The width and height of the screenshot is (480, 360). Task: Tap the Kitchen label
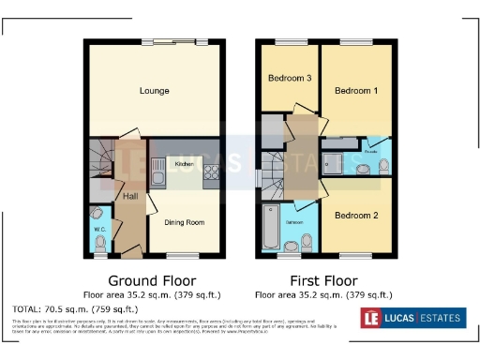[x=185, y=164]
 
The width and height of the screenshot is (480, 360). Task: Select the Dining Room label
[x=185, y=222]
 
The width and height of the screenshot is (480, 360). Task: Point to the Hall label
[x=130, y=196]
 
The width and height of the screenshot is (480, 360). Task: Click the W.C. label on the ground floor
[x=99, y=229]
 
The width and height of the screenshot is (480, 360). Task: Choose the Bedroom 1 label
[x=357, y=91]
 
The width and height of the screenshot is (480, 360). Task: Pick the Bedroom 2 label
[x=357, y=216]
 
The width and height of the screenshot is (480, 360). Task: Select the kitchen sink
[x=157, y=175]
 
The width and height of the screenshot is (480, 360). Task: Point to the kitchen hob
[x=211, y=172]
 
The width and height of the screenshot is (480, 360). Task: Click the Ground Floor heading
[x=152, y=280]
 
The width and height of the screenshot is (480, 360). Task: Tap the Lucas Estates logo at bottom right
[x=412, y=318]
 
